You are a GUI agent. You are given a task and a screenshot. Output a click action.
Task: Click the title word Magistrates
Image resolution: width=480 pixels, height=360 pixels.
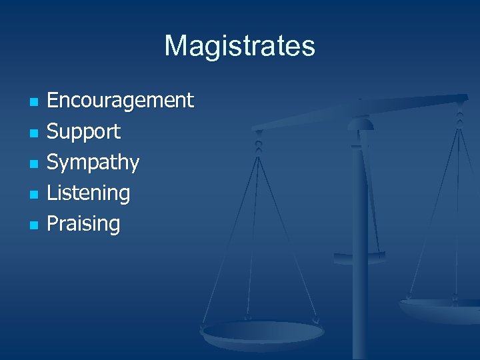coord(239,46)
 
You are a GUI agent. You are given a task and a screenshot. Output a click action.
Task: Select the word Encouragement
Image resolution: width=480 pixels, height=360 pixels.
coord(120,101)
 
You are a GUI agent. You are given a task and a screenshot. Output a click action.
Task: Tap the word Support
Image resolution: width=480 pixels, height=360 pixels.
coord(83,131)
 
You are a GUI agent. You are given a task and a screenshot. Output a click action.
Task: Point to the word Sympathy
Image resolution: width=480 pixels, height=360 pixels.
coord(93,162)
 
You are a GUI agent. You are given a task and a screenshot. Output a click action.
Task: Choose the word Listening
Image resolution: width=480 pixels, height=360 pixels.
coord(88,193)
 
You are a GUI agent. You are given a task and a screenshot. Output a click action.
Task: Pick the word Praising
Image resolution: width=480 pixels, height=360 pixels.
coord(83,223)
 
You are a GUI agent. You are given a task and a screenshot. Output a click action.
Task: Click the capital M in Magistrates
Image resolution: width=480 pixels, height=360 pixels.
coord(175,46)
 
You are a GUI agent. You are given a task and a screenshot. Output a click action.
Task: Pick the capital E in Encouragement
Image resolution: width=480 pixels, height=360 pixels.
coord(53,101)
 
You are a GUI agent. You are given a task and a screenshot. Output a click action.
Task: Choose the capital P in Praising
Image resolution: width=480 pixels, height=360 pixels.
coord(53,223)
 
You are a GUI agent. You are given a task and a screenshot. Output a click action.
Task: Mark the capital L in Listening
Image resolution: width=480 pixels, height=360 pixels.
coord(51,193)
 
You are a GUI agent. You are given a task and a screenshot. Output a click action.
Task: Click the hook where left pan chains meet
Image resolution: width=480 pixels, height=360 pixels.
coord(259,143)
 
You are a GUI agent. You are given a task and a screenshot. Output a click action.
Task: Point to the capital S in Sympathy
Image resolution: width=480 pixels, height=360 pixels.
coord(53,162)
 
